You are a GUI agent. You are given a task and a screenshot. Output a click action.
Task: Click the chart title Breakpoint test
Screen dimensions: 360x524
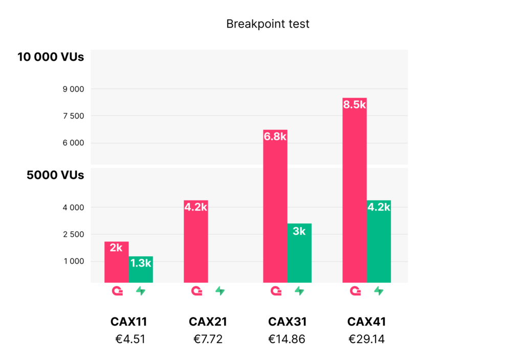click(268, 24)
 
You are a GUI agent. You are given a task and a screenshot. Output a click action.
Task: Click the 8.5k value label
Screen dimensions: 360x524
click(354, 105)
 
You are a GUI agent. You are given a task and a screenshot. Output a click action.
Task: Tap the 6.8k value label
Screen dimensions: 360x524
click(275, 137)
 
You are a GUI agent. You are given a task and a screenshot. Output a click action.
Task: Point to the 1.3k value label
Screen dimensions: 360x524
click(141, 263)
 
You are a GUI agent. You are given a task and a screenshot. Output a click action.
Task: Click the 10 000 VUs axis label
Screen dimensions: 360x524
click(51, 57)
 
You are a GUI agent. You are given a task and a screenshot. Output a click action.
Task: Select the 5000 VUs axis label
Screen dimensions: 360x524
click(55, 175)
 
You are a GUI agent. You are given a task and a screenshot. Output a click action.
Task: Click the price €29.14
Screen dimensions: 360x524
click(366, 339)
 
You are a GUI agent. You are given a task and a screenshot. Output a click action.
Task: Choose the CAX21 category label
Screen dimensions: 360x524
click(208, 322)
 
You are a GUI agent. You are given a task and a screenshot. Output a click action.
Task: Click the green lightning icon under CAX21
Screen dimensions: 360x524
click(220, 291)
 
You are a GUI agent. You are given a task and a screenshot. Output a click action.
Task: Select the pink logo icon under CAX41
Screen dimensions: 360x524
click(355, 291)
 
